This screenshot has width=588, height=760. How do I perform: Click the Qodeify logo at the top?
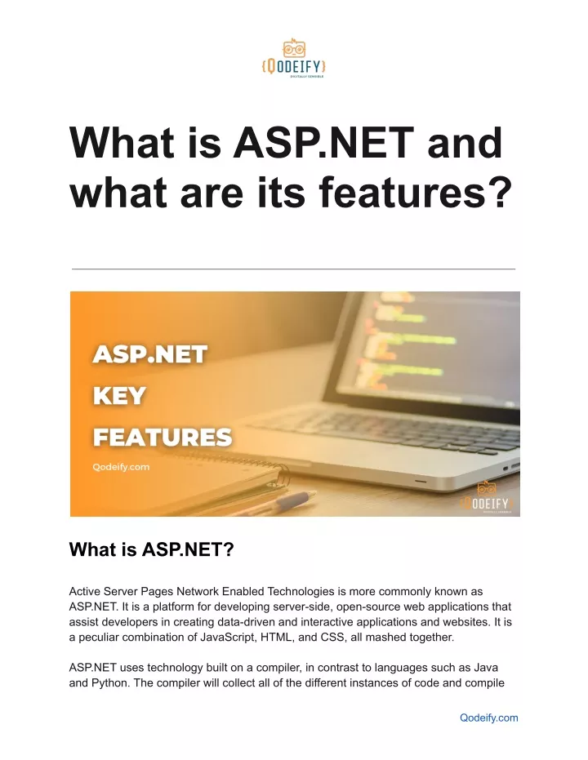coord(293,58)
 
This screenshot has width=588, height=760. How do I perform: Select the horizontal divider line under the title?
coord(293,269)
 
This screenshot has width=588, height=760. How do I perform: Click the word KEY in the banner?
coord(119,396)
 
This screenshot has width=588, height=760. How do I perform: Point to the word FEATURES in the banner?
coord(162,437)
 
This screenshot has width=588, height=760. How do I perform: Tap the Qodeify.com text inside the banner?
coord(120,468)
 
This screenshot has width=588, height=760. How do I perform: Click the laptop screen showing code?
coord(433,359)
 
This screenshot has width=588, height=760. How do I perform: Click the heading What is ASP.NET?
coord(152,551)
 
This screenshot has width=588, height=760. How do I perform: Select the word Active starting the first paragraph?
coord(87,591)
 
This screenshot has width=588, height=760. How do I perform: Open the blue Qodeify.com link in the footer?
coord(489,718)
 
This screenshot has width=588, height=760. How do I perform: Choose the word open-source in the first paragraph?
coord(333,607)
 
